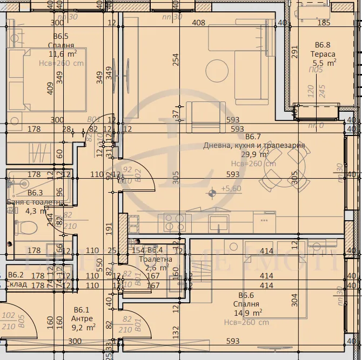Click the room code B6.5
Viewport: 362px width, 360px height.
tap(61, 36)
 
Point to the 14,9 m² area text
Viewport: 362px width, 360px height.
tap(250, 312)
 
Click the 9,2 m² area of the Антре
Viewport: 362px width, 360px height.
tap(84, 326)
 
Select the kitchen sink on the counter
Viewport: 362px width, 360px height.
tap(219, 222)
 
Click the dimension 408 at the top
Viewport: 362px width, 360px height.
tap(199, 23)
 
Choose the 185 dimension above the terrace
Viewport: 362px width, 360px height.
tap(323, 23)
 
